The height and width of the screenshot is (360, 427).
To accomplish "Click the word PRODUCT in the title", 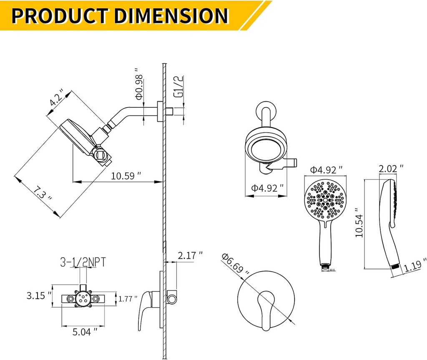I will pos(60,15).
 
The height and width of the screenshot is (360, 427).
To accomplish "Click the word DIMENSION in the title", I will pos(171,15).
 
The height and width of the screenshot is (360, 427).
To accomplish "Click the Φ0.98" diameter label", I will pos(140,86).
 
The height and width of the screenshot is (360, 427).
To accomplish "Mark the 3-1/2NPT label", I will pos(82,262).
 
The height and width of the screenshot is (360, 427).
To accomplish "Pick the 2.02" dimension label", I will pos(391,168).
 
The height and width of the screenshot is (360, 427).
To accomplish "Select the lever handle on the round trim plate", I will pos(266,309).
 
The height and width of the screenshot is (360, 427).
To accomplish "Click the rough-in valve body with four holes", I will pos(83,298).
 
